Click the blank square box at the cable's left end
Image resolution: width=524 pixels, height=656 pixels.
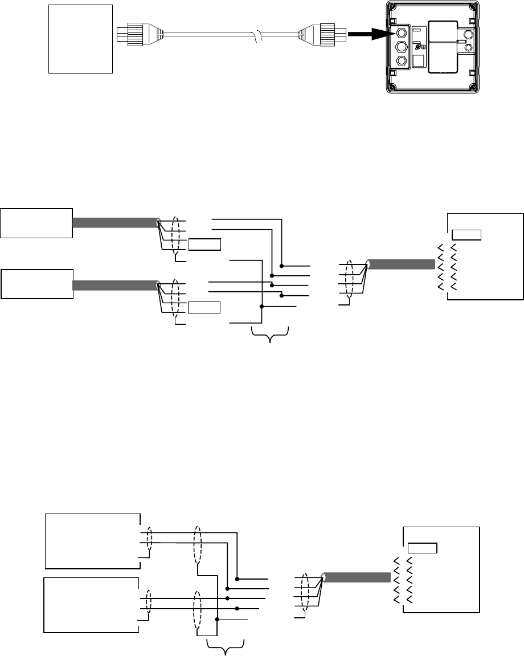pos(80,38)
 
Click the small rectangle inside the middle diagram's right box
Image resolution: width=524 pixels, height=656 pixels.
pos(466,234)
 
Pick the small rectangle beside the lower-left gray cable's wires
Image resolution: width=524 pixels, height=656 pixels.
pos(204,308)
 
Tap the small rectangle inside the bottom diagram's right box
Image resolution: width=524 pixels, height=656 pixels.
pos(422,548)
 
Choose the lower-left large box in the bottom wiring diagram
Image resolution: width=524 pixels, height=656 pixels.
pos(92,605)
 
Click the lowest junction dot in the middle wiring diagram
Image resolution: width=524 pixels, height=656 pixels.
pos(261,307)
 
